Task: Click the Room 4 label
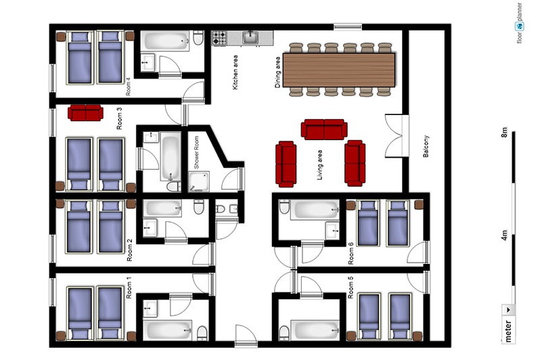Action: click(x=128, y=87)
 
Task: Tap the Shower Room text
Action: click(x=196, y=152)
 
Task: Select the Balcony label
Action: click(x=426, y=146)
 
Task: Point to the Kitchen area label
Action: click(x=235, y=72)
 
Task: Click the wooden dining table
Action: click(x=339, y=70)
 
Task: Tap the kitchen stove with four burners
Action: click(x=219, y=38)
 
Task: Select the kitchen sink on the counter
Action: click(x=250, y=37)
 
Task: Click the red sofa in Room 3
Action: click(x=85, y=113)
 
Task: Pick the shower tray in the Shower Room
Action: click(x=199, y=181)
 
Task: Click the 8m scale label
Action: click(x=504, y=132)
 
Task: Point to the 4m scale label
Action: click(x=504, y=235)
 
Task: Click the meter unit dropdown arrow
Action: click(x=508, y=310)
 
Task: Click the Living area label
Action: click(x=319, y=165)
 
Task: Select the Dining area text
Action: click(x=277, y=72)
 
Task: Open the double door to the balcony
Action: click(x=397, y=136)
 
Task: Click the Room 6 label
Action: click(x=351, y=254)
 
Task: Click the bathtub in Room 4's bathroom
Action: click(x=166, y=41)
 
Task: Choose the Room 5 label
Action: click(x=351, y=288)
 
